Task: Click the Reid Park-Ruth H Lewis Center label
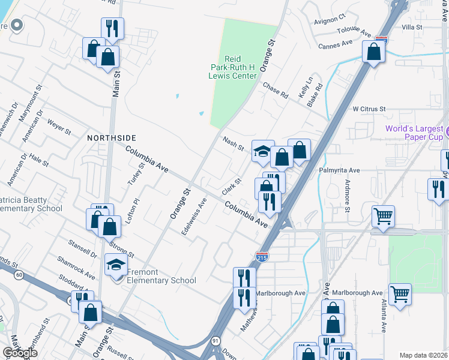[x=240, y=67]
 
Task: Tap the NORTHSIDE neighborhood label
[x=112, y=137]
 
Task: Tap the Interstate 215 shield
[x=262, y=257]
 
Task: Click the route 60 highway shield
[x=20, y=275]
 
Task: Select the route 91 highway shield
[x=215, y=340]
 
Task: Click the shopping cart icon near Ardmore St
[x=383, y=216]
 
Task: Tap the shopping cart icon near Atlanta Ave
[x=400, y=294]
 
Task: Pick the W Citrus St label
[x=369, y=109]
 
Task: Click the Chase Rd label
[x=276, y=91]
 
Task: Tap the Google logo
[x=20, y=353]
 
